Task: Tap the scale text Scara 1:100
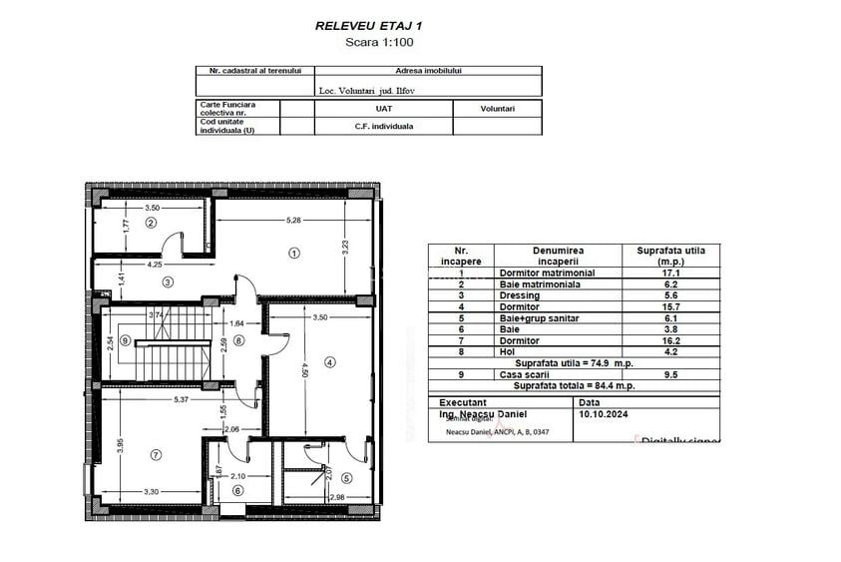[x=378, y=42]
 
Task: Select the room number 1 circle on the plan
[x=294, y=253]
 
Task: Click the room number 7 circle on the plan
[x=156, y=455]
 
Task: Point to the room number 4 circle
[x=330, y=361]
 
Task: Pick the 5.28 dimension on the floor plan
[x=293, y=219]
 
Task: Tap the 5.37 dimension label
[x=180, y=399]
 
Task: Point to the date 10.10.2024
[x=605, y=411]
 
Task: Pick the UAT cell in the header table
[x=383, y=108]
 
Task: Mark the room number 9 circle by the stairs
[x=125, y=340]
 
